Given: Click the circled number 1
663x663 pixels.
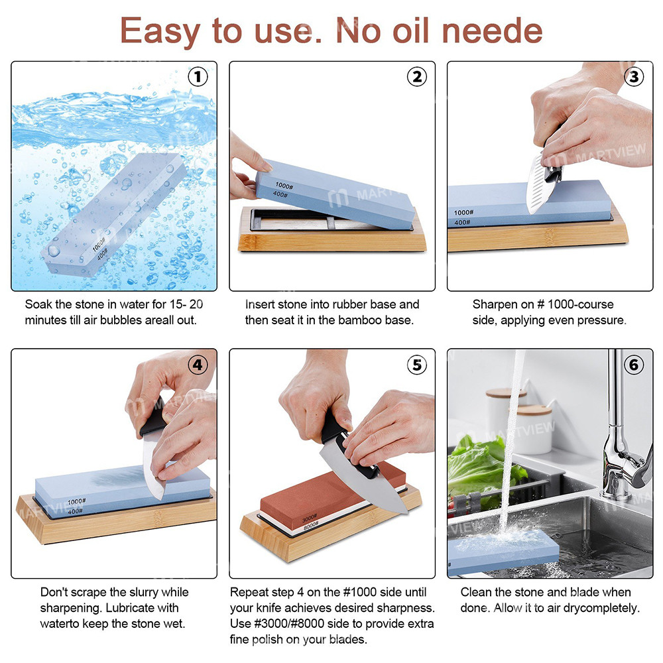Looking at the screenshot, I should tap(198, 77).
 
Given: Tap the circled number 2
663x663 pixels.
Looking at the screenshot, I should tap(416, 77).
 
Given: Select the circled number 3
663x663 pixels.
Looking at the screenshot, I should tap(634, 77).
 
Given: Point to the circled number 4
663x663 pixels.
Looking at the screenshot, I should tap(198, 364).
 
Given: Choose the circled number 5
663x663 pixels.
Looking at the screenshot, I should tap(416, 364).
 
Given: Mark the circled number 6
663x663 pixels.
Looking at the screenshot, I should tap(634, 364).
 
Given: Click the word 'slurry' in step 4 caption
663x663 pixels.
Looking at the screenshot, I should tap(129, 592).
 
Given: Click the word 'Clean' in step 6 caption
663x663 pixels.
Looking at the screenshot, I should tap(477, 592).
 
